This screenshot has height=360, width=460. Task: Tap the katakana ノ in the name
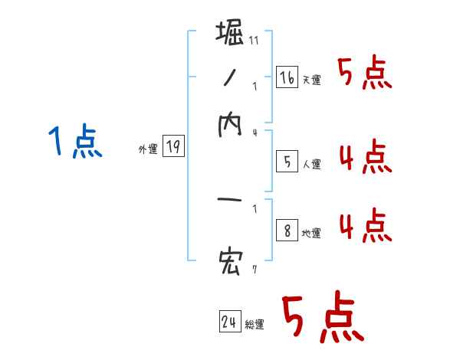click(230, 80)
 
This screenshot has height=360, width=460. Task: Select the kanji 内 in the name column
click(231, 127)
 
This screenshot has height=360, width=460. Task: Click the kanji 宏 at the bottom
click(231, 263)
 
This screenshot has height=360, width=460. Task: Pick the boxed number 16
click(287, 77)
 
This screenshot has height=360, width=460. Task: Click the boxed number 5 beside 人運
click(287, 162)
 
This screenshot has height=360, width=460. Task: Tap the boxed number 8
click(287, 231)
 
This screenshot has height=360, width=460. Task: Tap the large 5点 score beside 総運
click(322, 318)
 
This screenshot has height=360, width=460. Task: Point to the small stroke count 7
click(254, 270)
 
